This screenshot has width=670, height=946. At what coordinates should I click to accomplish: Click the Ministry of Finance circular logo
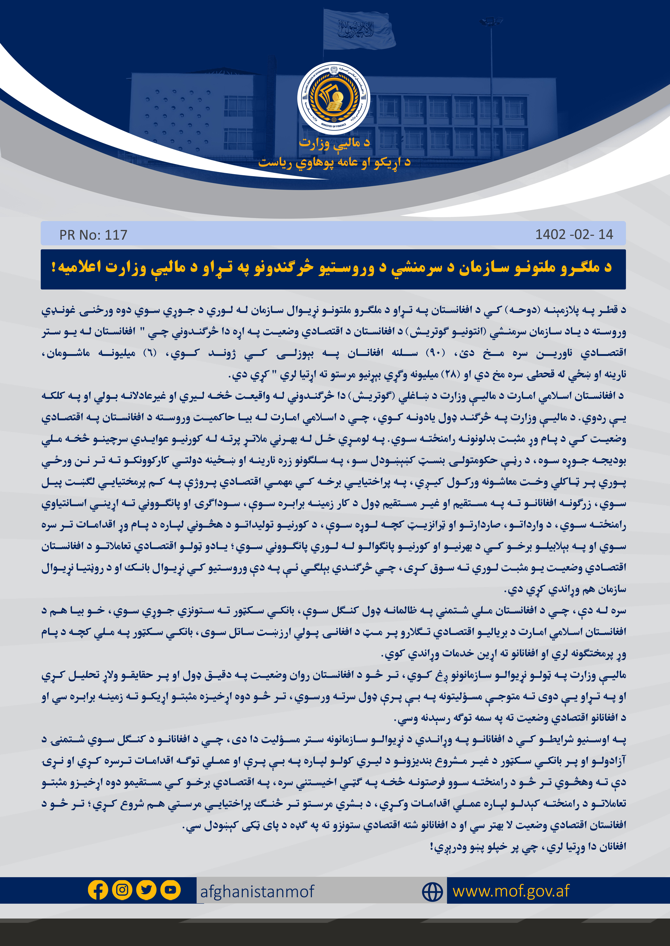tap(334, 98)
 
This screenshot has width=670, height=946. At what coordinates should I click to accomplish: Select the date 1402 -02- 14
tap(574, 234)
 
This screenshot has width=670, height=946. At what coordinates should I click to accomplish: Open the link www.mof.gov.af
tap(511, 891)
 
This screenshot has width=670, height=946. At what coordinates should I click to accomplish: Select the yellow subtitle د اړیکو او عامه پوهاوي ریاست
tap(334, 162)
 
